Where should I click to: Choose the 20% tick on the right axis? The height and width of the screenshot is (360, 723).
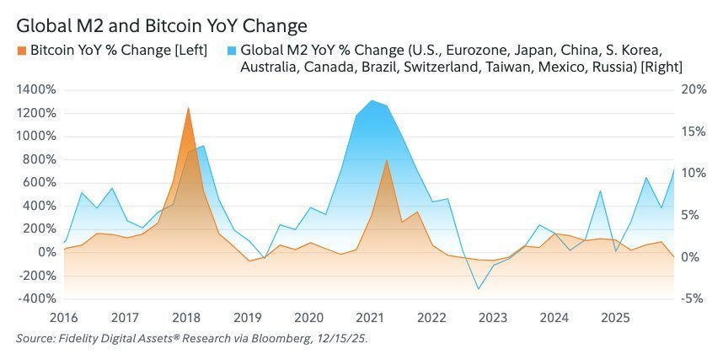point(692,89)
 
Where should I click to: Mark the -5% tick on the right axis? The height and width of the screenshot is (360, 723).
point(692,299)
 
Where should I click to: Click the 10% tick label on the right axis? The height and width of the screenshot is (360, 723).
point(692,173)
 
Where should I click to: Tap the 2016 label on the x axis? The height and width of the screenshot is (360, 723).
point(64,318)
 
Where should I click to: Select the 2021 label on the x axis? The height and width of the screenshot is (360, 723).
point(371,318)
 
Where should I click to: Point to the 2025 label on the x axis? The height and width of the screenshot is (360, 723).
point(616,318)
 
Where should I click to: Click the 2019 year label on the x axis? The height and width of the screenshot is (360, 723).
point(248,318)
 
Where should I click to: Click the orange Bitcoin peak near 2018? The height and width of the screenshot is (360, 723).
point(188,108)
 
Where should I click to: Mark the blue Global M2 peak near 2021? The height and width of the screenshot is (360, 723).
point(371,100)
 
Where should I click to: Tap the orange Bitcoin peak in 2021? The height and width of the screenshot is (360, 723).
point(386,160)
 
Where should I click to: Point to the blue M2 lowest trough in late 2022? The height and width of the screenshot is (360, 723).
point(479,289)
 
